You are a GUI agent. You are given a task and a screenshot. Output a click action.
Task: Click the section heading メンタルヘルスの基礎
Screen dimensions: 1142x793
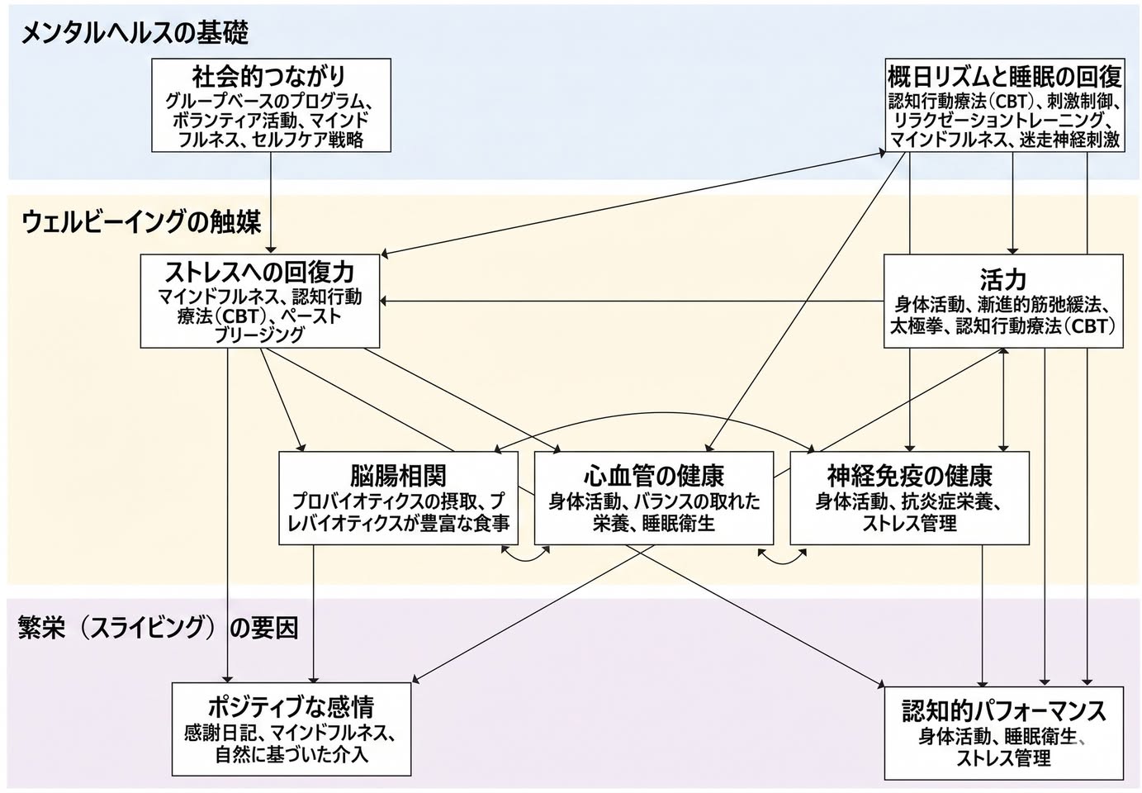coord(135,34)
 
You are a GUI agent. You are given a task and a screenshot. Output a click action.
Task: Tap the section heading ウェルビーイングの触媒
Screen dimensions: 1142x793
coord(141,222)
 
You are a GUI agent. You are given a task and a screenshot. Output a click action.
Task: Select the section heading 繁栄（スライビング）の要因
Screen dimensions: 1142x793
coord(158,627)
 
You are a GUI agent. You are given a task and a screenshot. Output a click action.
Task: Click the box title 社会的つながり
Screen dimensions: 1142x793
coord(269,77)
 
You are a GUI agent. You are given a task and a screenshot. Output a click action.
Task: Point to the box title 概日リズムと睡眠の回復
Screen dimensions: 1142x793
coord(1004,77)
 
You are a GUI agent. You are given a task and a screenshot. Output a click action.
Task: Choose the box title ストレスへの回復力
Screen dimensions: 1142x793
coord(259,273)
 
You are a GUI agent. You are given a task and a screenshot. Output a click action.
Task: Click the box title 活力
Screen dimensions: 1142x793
coord(1002,279)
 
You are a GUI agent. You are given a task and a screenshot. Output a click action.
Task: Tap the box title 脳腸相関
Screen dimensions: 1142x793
coord(398,476)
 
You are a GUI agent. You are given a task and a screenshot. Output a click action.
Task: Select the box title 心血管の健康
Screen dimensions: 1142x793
coord(654,476)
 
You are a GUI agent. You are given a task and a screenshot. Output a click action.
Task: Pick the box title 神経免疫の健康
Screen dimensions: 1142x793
coord(909,476)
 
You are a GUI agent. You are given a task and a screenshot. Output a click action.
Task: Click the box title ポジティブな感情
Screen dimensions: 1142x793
coord(291,707)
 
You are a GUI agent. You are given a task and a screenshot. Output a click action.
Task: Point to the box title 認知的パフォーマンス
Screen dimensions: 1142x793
coord(1004,710)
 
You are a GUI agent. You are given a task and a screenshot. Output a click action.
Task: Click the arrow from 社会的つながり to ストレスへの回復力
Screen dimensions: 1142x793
coord(271,203)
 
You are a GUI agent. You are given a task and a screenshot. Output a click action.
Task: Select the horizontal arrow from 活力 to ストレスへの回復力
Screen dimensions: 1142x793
coord(632,301)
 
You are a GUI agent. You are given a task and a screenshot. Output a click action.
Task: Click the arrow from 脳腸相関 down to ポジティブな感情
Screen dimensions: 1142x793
coord(314,614)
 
